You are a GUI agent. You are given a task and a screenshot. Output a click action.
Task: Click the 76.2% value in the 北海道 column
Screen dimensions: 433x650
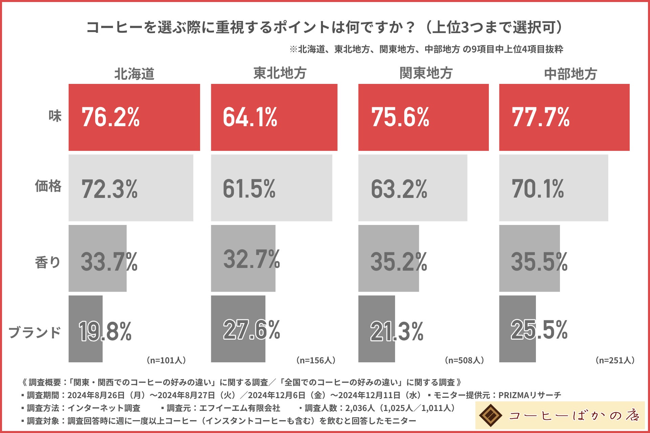110,117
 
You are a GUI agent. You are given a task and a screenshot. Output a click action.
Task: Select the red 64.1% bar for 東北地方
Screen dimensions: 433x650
274,117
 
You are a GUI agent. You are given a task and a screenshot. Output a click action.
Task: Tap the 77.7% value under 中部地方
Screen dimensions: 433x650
540,117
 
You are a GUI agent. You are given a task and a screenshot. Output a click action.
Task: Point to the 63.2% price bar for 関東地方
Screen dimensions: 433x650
412,188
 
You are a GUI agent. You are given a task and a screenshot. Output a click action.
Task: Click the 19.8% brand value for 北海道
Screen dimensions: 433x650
105,331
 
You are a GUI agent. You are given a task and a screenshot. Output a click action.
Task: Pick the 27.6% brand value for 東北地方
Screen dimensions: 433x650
251,330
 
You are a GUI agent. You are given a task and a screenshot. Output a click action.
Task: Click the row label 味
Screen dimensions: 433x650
55,116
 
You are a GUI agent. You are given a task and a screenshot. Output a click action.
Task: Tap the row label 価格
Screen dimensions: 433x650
48,186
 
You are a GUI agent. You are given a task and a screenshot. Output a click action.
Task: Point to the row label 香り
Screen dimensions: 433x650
48,262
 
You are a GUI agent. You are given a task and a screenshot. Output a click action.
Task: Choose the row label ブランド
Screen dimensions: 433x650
35,332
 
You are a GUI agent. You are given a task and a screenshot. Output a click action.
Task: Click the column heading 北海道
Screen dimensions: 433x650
134,74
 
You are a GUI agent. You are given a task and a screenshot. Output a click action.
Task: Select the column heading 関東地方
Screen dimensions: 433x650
426,73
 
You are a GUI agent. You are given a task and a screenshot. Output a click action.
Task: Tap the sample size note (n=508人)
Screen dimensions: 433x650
464,360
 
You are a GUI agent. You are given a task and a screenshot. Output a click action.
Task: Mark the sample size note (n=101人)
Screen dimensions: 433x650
166,360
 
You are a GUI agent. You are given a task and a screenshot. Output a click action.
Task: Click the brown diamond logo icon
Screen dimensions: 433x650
491,415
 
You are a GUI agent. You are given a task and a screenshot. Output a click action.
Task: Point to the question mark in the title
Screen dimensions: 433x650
411,27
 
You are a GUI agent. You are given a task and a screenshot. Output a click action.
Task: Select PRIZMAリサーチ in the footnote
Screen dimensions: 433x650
529,395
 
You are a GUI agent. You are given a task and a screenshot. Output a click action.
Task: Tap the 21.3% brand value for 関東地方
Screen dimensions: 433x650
397,331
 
